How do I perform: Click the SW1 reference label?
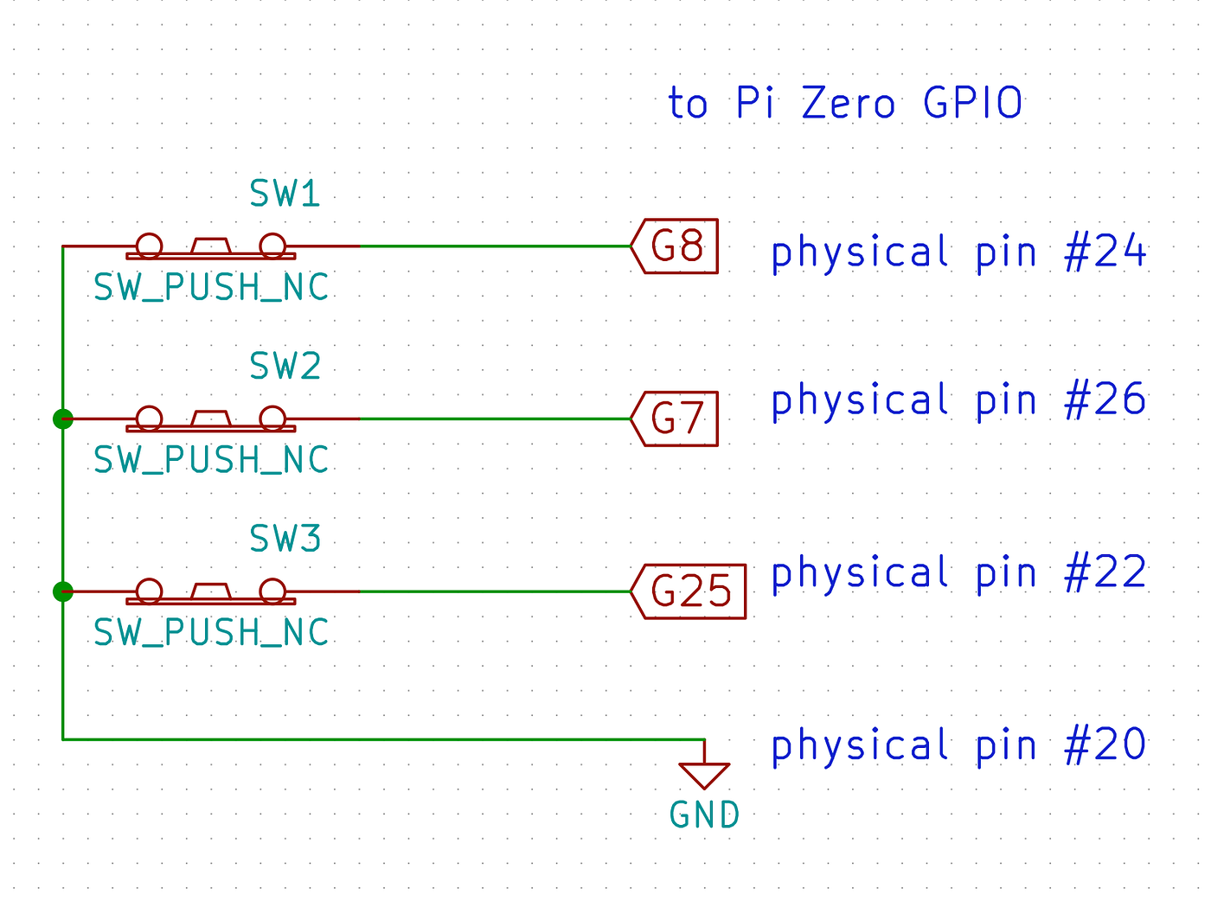[285, 194]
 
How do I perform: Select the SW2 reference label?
[285, 367]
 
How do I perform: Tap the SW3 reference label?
[285, 540]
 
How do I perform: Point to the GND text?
[704, 815]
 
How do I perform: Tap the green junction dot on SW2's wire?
[62, 419]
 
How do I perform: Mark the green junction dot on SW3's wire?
[62, 591]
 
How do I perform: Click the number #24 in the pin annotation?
[1105, 253]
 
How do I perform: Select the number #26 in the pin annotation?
[1105, 400]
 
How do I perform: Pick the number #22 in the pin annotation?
[1105, 573]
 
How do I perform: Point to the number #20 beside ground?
[1105, 745]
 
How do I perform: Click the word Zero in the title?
[848, 104]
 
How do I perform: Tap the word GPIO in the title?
[972, 104]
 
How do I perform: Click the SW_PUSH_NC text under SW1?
[211, 288]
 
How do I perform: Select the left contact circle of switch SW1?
[149, 246]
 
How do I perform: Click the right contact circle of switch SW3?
[272, 591]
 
